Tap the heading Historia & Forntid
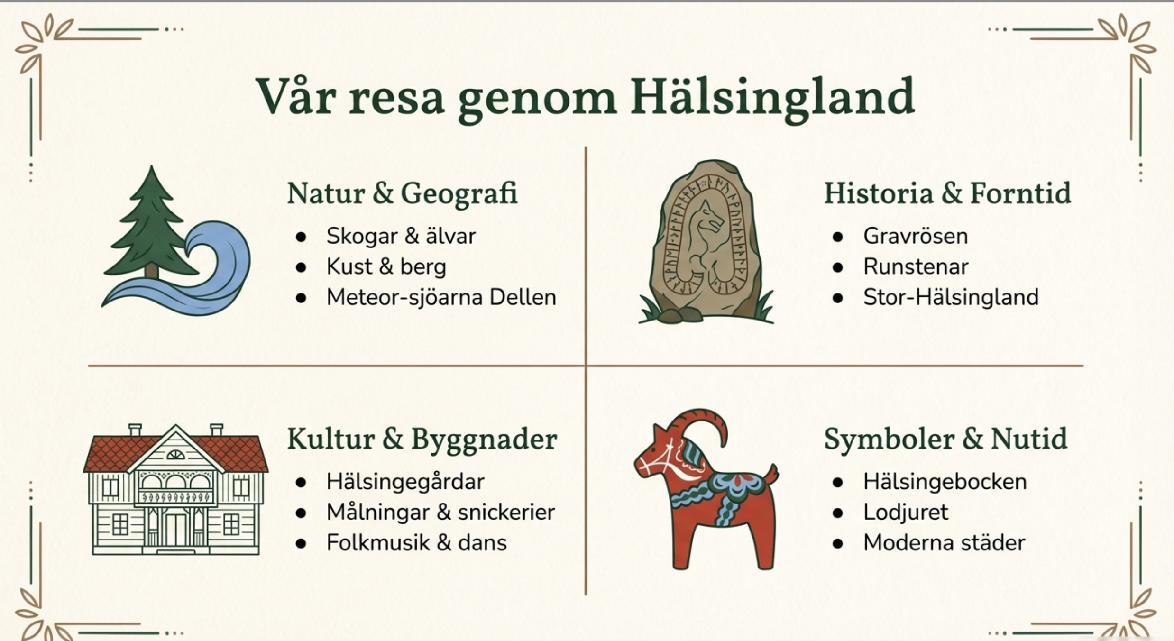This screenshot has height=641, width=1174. (x=947, y=193)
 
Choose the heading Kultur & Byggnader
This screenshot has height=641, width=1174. (x=422, y=440)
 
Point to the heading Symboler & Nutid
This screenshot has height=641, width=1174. (x=945, y=440)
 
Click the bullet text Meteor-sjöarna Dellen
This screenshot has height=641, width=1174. (x=441, y=298)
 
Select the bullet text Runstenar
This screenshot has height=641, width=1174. (x=916, y=266)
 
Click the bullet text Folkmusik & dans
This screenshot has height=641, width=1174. (x=416, y=543)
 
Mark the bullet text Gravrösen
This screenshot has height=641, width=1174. (x=915, y=236)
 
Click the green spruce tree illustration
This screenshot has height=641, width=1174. (x=151, y=223)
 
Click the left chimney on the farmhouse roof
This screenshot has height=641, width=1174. (x=135, y=430)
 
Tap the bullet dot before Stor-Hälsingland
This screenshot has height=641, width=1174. (x=838, y=298)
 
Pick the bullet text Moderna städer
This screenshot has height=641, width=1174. (x=944, y=543)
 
